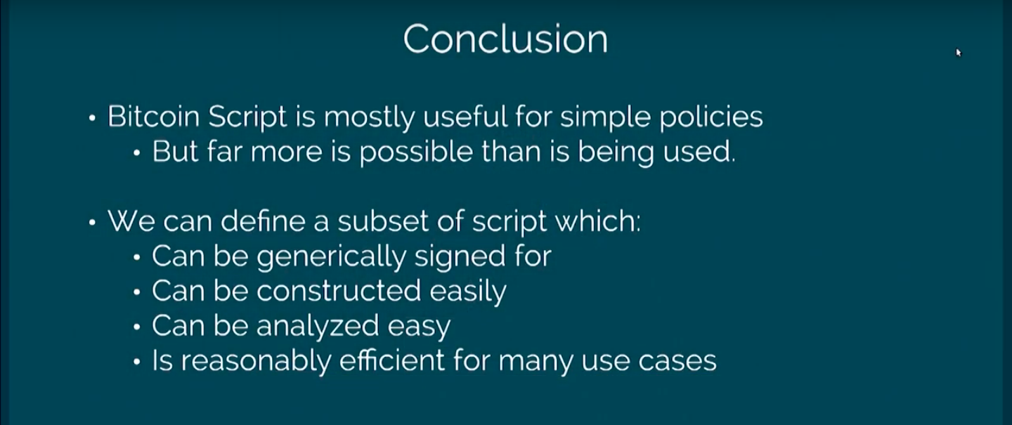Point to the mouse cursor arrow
point(959,53)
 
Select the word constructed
point(339,290)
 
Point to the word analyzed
point(318,327)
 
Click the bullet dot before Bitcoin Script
point(92,118)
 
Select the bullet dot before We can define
point(92,223)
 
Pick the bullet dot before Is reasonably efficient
point(137,362)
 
